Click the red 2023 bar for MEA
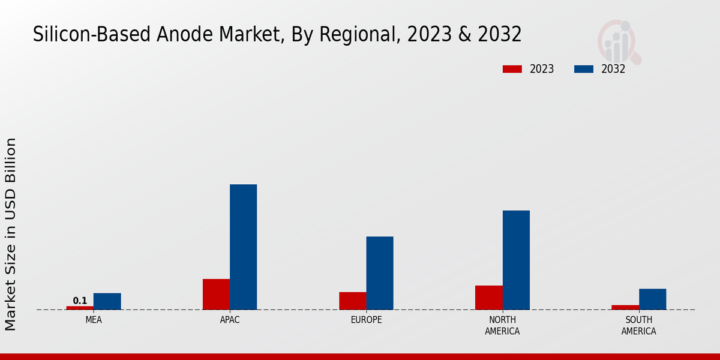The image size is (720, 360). pyautogui.click(x=80, y=308)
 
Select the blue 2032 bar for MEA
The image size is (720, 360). pyautogui.click(x=107, y=301)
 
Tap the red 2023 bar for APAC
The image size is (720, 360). pyautogui.click(x=216, y=294)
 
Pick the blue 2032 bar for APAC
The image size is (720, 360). pyautogui.click(x=243, y=247)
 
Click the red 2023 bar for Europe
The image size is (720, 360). pyautogui.click(x=352, y=301)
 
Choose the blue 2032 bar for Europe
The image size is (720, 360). pyautogui.click(x=380, y=273)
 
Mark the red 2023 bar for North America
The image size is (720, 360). pyautogui.click(x=488, y=298)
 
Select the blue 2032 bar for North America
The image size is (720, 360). pyautogui.click(x=516, y=260)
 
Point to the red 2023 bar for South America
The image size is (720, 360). pyautogui.click(x=625, y=307)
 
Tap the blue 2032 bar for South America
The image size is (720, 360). pyautogui.click(x=652, y=299)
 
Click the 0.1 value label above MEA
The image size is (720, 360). pyautogui.click(x=80, y=301)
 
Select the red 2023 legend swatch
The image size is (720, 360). pyautogui.click(x=512, y=69)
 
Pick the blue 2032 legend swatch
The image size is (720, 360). pyautogui.click(x=584, y=69)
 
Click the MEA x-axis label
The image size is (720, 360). pyautogui.click(x=94, y=320)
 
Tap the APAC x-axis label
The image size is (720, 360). pyautogui.click(x=230, y=320)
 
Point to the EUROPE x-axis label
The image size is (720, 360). pyautogui.click(x=366, y=320)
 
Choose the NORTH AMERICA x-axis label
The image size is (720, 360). pyautogui.click(x=502, y=325)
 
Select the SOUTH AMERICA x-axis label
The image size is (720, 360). pyautogui.click(x=638, y=325)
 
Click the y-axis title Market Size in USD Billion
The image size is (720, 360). pyautogui.click(x=11, y=234)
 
